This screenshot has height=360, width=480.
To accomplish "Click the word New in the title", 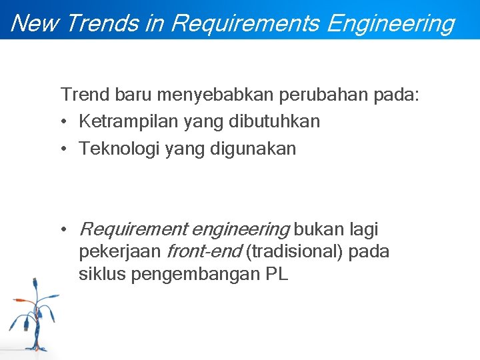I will pos(35,23).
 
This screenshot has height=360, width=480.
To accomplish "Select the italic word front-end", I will pos(203,252).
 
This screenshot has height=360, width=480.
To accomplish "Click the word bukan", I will pos(317,230).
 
